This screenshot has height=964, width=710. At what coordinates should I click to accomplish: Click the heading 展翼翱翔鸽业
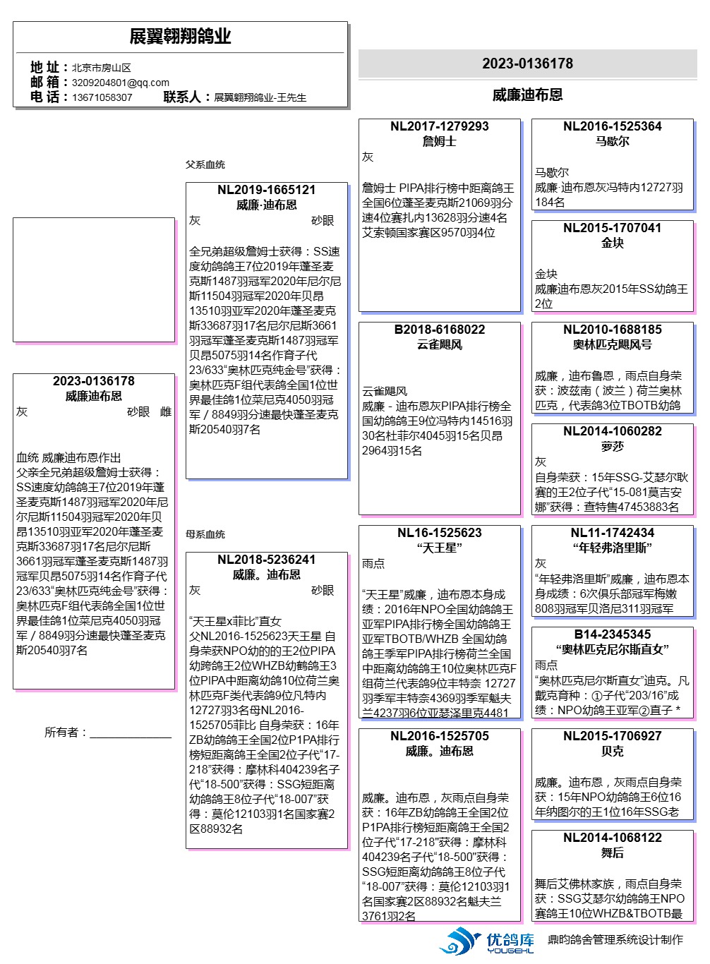point(180,37)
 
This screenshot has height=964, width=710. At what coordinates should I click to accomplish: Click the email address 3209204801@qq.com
point(120,83)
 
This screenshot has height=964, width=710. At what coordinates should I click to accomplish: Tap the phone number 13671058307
point(102,97)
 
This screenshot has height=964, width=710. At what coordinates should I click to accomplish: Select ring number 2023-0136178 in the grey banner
point(527,64)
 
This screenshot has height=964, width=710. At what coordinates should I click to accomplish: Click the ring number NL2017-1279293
point(439,126)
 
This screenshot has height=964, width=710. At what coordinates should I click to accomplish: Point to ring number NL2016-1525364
point(612,126)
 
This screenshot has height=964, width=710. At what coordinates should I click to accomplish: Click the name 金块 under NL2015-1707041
point(612,243)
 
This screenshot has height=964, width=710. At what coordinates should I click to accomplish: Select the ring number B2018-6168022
point(439,330)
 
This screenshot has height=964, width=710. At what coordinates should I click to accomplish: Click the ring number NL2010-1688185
point(612,330)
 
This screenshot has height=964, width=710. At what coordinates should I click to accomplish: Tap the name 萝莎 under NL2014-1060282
point(612,446)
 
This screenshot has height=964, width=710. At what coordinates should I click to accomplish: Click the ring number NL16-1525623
point(439,533)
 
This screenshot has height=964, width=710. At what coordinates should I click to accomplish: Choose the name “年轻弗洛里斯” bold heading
point(612,548)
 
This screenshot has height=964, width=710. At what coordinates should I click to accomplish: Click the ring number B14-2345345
point(612,634)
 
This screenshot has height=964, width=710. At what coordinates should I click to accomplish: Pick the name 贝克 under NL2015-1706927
point(612,751)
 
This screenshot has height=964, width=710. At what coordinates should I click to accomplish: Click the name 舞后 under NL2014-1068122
point(612,852)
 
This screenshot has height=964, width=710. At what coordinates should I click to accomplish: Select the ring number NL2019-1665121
point(266,190)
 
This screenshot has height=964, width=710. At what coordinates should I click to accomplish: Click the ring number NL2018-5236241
point(266,560)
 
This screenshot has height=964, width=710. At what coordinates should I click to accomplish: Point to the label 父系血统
point(205,164)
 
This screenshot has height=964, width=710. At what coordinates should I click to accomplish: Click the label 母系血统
point(205,534)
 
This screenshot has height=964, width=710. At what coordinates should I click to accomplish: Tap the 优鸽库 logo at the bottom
point(487,941)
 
